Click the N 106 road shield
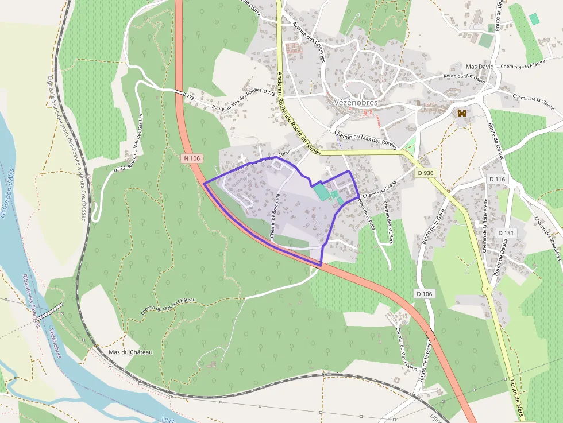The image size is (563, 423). tap(191, 157)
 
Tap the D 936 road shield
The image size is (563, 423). tap(425, 172)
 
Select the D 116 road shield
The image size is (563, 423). tap(498, 180)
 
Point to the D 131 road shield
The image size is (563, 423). tap(506, 232)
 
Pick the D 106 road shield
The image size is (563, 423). tap(423, 294)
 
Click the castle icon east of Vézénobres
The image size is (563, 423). tap(461, 114)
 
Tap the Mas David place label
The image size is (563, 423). tap(480, 67)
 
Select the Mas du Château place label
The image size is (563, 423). tap(130, 352)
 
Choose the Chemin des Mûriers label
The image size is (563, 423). tap(387, 223)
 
